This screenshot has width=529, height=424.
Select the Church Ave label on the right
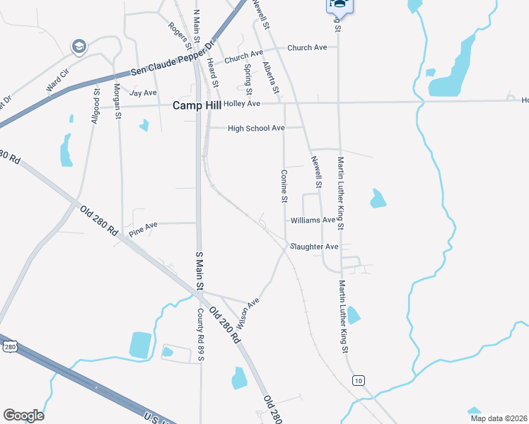[x=307, y=47]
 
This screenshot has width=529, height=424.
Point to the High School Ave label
[x=256, y=128]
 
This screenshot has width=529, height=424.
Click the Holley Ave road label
[x=242, y=104]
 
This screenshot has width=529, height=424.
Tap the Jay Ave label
[x=143, y=93]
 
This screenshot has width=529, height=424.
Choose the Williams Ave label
[x=313, y=220]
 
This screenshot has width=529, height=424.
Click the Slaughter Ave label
[x=315, y=247]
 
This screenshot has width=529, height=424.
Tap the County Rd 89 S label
[x=201, y=334]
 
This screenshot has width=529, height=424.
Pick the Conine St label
[x=284, y=186]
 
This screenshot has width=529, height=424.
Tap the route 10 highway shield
[x=359, y=380]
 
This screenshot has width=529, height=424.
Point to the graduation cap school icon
[x=79, y=47]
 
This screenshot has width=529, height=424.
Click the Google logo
[x=23, y=416]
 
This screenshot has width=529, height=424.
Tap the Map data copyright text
[x=499, y=418]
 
